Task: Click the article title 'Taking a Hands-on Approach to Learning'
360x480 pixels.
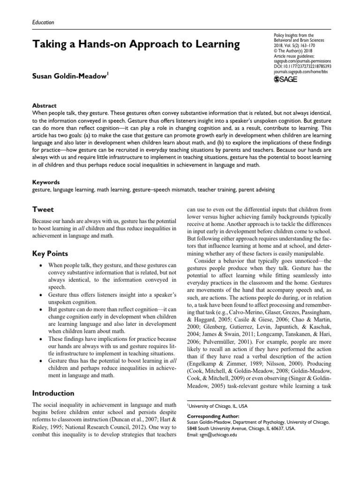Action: (135, 45)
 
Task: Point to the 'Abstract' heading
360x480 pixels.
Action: (45, 106)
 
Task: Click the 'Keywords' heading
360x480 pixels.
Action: (46, 181)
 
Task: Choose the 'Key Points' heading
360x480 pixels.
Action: (49, 254)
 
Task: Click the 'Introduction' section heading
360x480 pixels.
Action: (53, 392)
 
